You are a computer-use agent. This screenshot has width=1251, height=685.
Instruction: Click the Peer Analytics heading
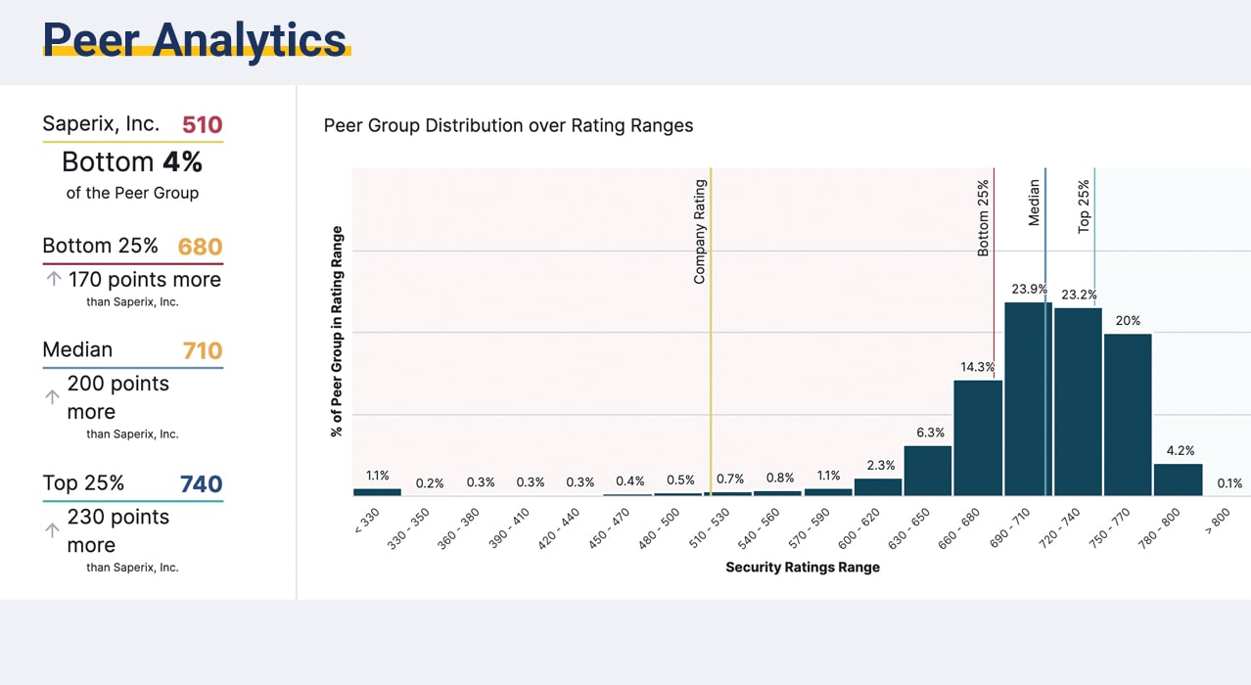tap(195, 39)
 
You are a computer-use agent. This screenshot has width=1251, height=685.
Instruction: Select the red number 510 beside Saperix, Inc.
tap(203, 124)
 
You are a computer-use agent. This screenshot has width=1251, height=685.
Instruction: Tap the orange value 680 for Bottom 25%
tap(201, 247)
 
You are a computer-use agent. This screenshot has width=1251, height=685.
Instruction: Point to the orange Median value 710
tap(203, 350)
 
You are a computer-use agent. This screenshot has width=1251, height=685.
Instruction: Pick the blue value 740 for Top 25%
tap(202, 483)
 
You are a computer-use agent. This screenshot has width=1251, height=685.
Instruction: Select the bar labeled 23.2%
tap(1078, 401)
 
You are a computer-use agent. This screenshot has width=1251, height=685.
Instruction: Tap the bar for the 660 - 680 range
tap(978, 437)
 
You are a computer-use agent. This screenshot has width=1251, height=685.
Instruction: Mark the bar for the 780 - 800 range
tap(1178, 479)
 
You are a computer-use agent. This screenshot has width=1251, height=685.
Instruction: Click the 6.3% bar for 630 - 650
tap(928, 471)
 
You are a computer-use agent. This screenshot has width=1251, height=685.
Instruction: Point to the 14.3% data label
tap(977, 367)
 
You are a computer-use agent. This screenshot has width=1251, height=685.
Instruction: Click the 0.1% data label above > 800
tap(1229, 482)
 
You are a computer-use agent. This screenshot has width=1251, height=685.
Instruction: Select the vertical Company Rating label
tap(700, 232)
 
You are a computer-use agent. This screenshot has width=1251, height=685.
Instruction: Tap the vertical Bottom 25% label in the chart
tap(984, 217)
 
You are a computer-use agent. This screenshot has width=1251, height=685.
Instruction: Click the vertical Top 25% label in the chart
tap(1084, 206)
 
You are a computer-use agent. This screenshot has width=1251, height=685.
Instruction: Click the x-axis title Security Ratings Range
tap(802, 568)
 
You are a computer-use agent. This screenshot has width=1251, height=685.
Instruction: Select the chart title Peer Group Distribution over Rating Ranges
tap(508, 125)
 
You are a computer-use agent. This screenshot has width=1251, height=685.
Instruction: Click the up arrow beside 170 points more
tap(54, 279)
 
